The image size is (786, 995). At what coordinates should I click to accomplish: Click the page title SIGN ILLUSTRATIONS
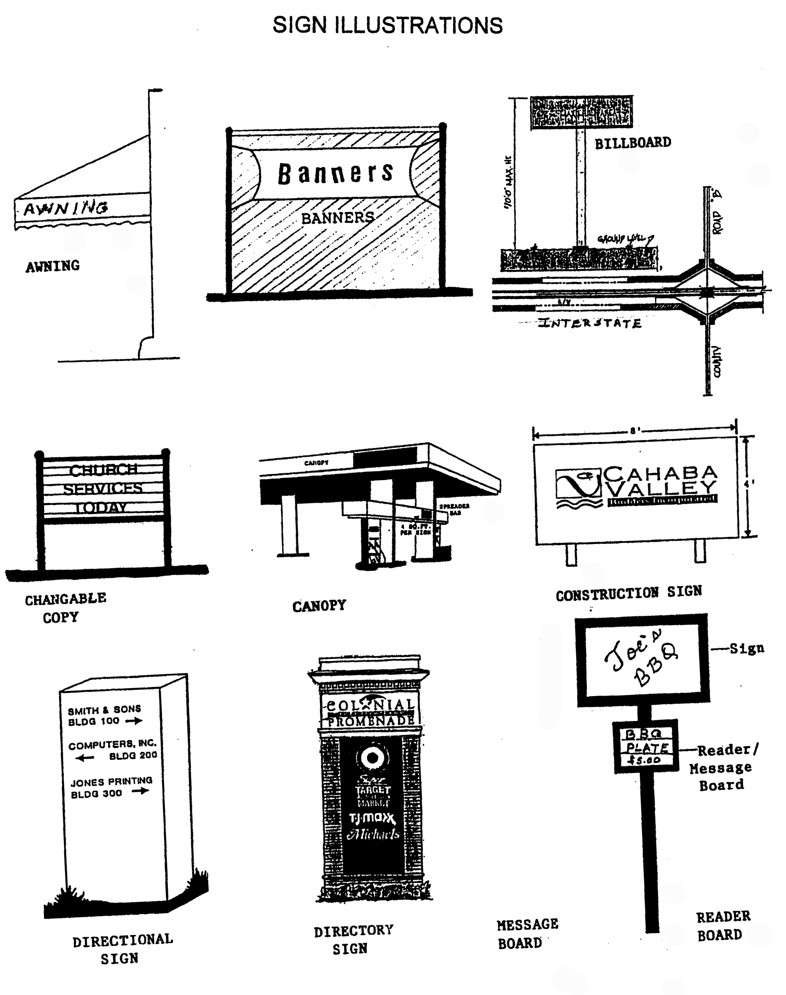(x=388, y=25)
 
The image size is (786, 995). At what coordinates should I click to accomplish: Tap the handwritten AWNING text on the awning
(x=66, y=209)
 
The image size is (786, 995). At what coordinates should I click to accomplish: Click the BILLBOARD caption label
(x=632, y=143)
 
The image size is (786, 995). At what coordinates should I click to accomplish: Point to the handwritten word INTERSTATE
(x=590, y=323)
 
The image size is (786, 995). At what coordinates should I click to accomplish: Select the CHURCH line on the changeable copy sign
(x=103, y=470)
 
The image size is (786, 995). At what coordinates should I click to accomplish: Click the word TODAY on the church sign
(x=101, y=507)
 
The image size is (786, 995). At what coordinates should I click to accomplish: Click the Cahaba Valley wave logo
(x=578, y=488)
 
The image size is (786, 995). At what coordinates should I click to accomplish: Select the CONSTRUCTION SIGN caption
(x=628, y=594)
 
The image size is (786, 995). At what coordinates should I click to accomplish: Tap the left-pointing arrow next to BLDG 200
(x=85, y=758)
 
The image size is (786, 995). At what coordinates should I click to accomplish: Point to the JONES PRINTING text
(x=112, y=782)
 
